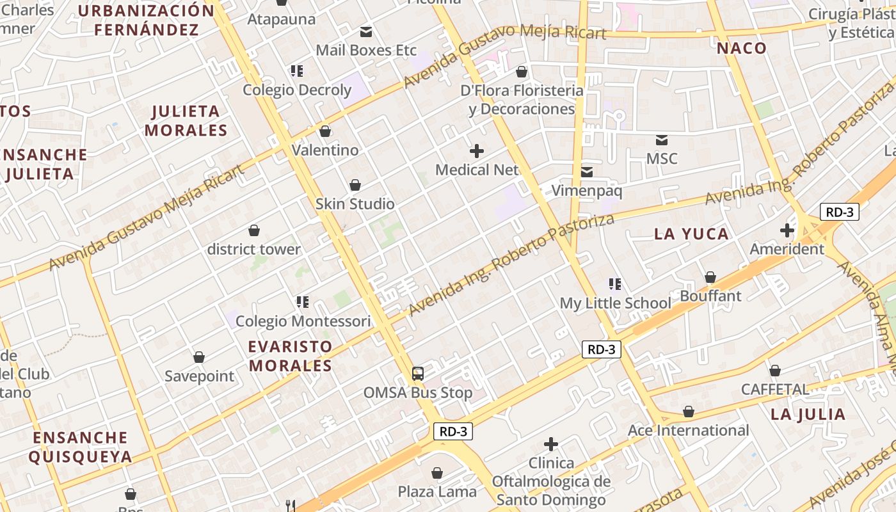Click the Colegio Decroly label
(x=297, y=90)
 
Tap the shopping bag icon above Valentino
(x=325, y=131)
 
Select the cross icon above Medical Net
(x=477, y=151)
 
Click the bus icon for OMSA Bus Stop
(x=418, y=374)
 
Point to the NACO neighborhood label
(x=741, y=48)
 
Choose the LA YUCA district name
(x=691, y=234)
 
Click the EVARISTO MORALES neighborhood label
(x=291, y=356)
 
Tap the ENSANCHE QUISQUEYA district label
(x=81, y=447)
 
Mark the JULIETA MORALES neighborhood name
(x=186, y=120)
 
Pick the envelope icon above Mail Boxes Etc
(x=366, y=31)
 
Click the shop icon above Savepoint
(x=199, y=357)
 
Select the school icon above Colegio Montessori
(x=303, y=301)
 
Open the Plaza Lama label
(x=437, y=492)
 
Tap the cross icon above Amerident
(x=787, y=230)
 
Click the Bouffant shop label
(x=710, y=296)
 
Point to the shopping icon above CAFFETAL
(x=775, y=371)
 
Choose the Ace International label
(x=688, y=430)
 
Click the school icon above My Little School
(x=615, y=284)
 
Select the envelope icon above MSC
(x=662, y=140)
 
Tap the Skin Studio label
(x=355, y=204)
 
